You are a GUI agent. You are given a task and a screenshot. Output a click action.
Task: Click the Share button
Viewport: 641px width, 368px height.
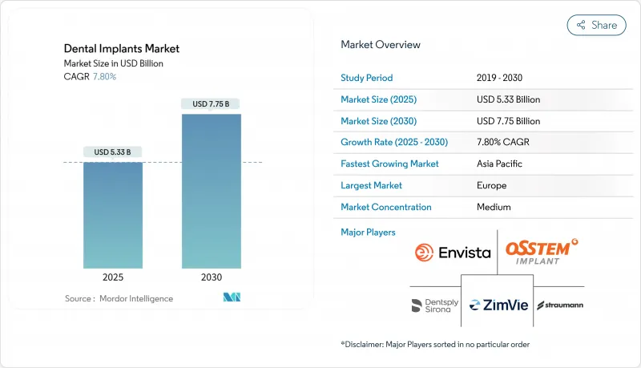[597, 25]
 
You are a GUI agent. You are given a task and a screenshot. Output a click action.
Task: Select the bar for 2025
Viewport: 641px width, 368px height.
[112, 215]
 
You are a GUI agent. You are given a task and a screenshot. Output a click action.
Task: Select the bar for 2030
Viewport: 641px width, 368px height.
[211, 191]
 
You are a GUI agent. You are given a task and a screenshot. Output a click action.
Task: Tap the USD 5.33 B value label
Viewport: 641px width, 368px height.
[112, 152]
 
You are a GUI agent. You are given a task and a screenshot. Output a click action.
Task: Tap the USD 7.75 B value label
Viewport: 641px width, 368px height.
[211, 103]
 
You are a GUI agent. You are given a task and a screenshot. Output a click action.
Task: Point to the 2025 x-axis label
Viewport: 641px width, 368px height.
[112, 277]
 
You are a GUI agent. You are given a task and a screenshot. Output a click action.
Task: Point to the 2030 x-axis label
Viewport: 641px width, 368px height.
[211, 277]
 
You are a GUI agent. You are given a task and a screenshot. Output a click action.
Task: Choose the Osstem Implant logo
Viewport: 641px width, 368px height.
[542, 250]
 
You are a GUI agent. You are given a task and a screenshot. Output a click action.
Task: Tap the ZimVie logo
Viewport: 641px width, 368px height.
[497, 305]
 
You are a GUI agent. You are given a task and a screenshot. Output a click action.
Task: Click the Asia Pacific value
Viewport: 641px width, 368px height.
[498, 164]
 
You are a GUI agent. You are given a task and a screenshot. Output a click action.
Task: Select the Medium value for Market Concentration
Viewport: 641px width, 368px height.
[494, 207]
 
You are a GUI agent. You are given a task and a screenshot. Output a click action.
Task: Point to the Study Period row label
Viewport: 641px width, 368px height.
[367, 78]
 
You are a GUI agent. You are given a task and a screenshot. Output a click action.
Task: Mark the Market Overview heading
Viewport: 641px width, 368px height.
[381, 44]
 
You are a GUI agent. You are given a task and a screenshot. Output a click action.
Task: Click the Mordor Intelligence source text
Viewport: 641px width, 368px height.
[119, 298]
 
